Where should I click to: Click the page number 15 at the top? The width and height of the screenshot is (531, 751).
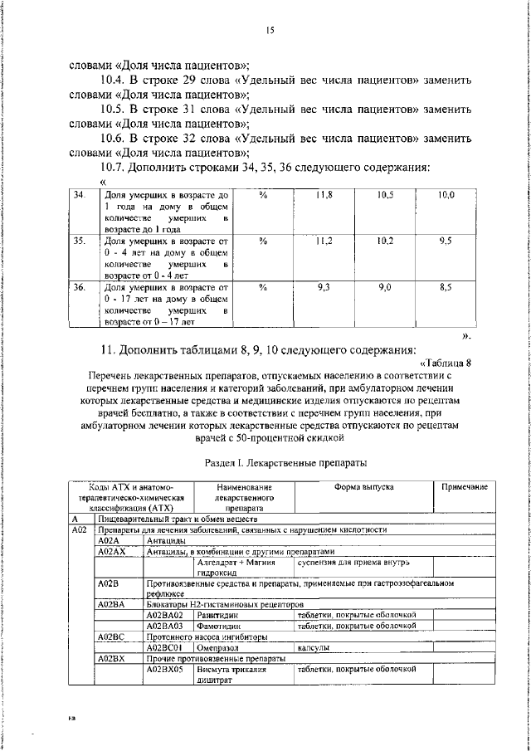click(270, 31)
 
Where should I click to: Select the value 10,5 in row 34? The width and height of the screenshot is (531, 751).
click(385, 194)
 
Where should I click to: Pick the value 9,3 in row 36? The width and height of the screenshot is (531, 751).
click(324, 286)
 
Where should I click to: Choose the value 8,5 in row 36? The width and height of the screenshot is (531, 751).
click(446, 286)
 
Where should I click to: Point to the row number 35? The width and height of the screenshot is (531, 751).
click(80, 241)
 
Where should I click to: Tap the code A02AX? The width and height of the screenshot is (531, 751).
click(113, 550)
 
